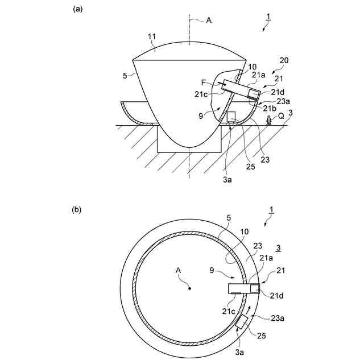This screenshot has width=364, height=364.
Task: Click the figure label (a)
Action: (x=77, y=9)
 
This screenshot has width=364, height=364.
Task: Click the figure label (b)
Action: (x=77, y=209)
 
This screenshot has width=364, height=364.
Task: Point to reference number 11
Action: (x=152, y=37)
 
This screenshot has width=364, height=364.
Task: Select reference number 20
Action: (x=284, y=60)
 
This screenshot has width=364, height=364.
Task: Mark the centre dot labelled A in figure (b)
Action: (x=190, y=289)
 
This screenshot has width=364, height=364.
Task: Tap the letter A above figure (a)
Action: (x=209, y=19)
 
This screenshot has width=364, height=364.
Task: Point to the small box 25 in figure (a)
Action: (x=231, y=118)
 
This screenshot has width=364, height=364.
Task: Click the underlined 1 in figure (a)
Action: (x=270, y=18)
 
